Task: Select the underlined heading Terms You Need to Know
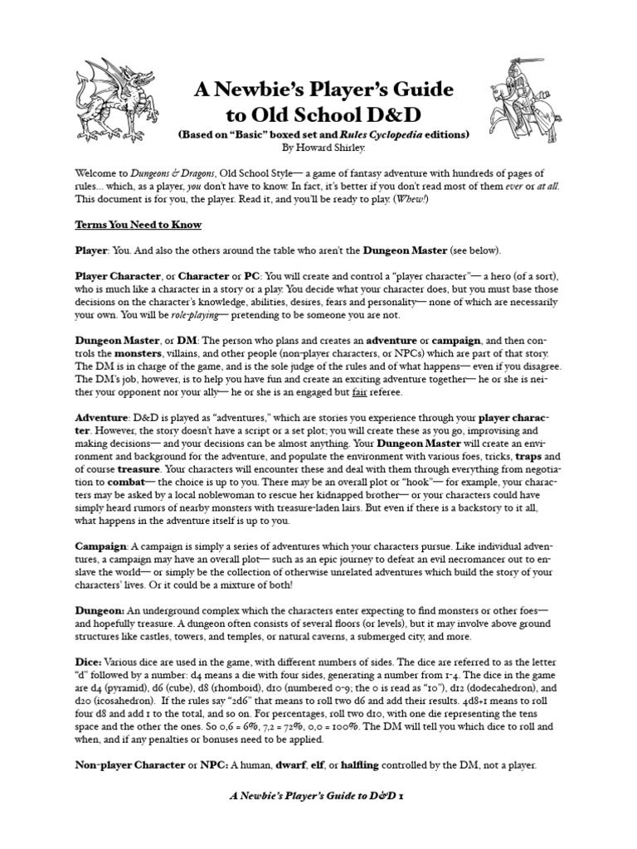tap(139, 226)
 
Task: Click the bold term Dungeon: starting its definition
tap(100, 610)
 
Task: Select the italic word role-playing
tap(181, 315)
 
